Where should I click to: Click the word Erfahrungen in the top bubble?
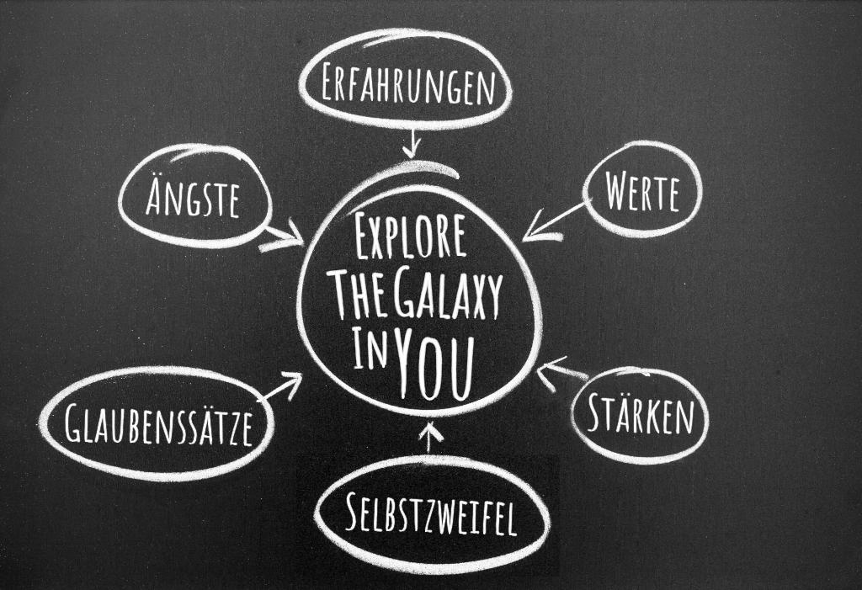[406, 86]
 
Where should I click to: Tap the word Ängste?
[193, 198]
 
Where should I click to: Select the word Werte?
[641, 194]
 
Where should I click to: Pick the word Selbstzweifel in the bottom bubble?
[431, 514]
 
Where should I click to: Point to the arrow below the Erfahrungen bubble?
[411, 142]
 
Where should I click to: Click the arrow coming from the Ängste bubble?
[283, 237]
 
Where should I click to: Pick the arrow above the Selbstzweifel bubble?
[431, 436]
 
